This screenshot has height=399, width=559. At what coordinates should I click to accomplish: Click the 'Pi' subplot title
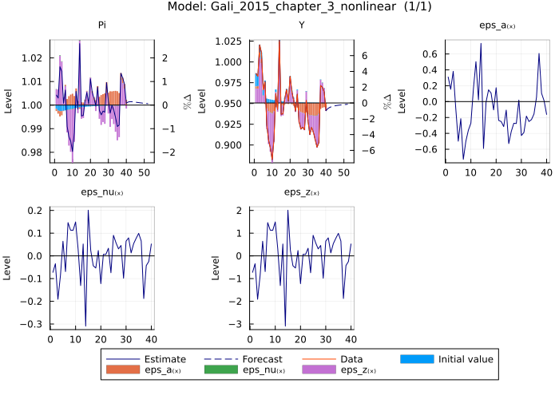pos(102,26)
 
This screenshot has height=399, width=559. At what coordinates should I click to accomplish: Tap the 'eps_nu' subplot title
pos(101,192)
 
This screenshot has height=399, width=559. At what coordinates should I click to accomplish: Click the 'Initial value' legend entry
pos(466,359)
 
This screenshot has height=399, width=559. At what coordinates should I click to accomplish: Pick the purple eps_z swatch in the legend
pos(320,371)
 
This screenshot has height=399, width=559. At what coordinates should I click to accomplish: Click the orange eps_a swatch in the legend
pos(124,371)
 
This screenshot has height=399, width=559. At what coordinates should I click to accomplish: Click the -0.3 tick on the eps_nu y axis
pos(34,325)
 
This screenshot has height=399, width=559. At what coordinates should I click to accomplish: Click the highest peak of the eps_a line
pos(481,43)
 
